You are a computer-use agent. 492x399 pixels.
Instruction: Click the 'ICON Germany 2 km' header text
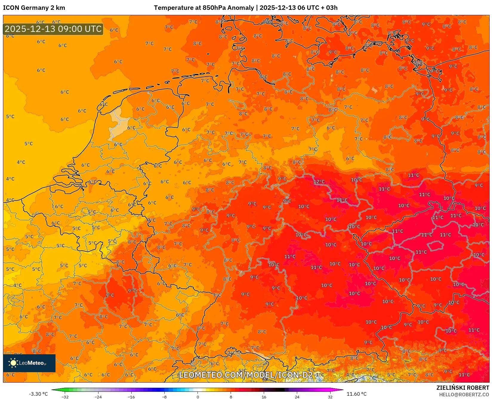[34, 8]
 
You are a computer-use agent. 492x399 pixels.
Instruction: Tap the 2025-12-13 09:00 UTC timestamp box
[53, 29]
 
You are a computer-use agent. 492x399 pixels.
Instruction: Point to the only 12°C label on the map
[319, 182]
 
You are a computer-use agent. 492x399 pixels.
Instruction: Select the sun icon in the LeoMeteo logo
[13, 363]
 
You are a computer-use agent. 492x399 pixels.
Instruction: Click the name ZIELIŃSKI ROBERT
[462, 388]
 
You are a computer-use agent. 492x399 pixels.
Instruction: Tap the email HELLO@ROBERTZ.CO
[464, 395]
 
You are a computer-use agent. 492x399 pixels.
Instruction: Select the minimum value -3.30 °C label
[38, 394]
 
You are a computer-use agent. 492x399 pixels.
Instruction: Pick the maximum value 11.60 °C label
[356, 394]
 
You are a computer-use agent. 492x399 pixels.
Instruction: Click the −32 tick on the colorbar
[65, 397]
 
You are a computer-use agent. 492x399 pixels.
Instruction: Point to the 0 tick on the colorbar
[198, 397]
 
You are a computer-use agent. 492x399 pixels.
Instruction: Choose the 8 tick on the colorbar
[231, 397]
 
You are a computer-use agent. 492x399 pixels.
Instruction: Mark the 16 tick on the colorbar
[264, 397]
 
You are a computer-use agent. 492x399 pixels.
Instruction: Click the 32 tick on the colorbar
[330, 397]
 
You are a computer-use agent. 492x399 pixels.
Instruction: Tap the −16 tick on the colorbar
[131, 397]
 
